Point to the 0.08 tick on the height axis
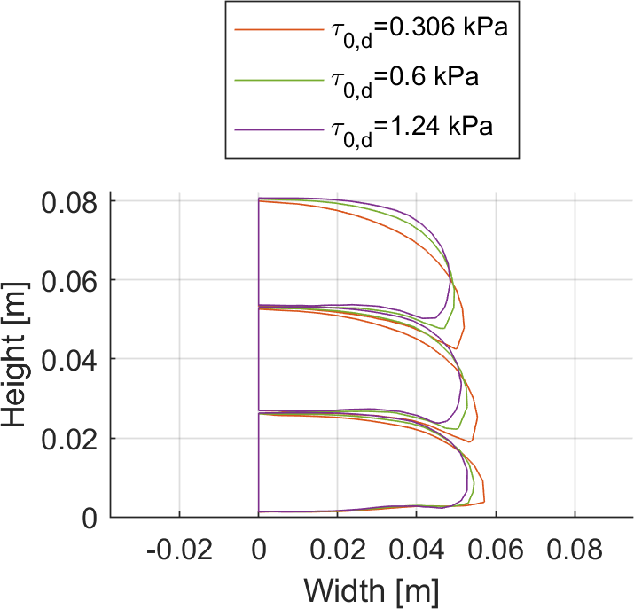70,202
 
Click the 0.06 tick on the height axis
70,281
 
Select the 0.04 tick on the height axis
70,360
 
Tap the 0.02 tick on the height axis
70,439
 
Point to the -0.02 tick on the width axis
180,552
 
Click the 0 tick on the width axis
259,552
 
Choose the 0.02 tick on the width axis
338,552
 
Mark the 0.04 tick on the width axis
417,552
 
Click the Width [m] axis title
371,589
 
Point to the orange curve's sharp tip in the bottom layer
484,503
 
